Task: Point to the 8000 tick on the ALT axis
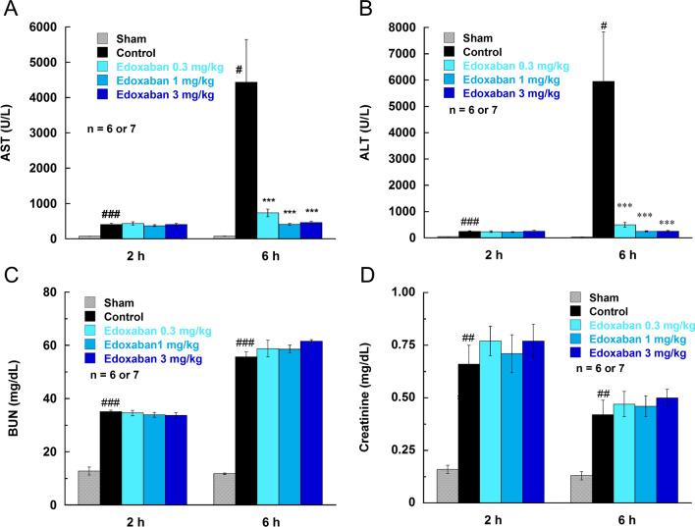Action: click(x=408, y=26)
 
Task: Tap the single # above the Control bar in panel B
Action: click(x=597, y=25)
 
